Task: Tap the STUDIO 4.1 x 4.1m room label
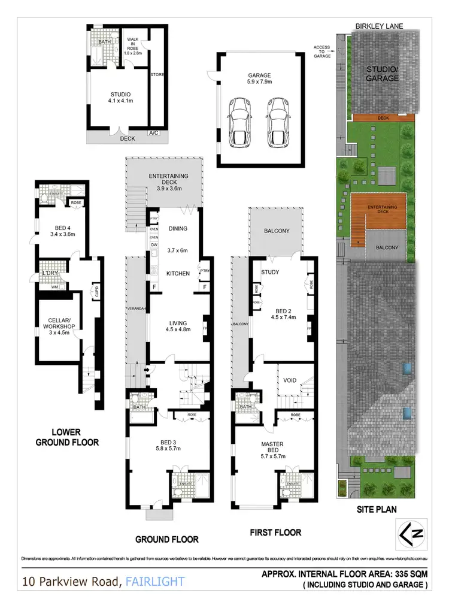[120, 98]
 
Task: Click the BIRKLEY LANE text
[379, 26]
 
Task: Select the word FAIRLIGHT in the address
[156, 580]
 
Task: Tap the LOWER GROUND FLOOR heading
[67, 437]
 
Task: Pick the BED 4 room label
[59, 231]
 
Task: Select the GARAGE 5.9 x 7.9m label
[260, 78]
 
